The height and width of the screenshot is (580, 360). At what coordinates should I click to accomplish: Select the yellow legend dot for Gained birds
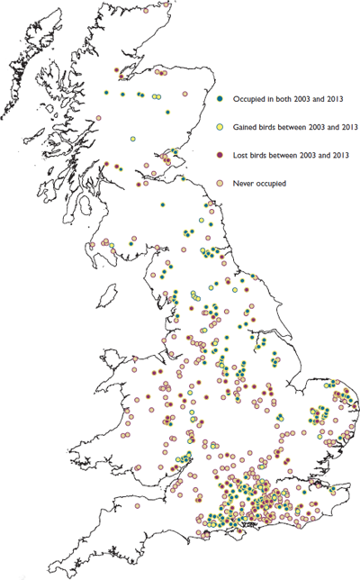[x=221, y=126]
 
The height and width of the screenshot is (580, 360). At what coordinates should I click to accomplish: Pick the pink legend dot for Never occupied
[x=221, y=184]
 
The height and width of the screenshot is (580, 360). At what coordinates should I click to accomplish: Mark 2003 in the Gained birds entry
[x=313, y=126]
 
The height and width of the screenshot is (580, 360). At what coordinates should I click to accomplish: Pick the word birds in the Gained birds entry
[x=272, y=126]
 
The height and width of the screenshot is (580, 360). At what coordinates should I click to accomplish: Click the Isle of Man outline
[x=108, y=295]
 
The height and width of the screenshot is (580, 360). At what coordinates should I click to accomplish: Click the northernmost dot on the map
[x=115, y=69]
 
